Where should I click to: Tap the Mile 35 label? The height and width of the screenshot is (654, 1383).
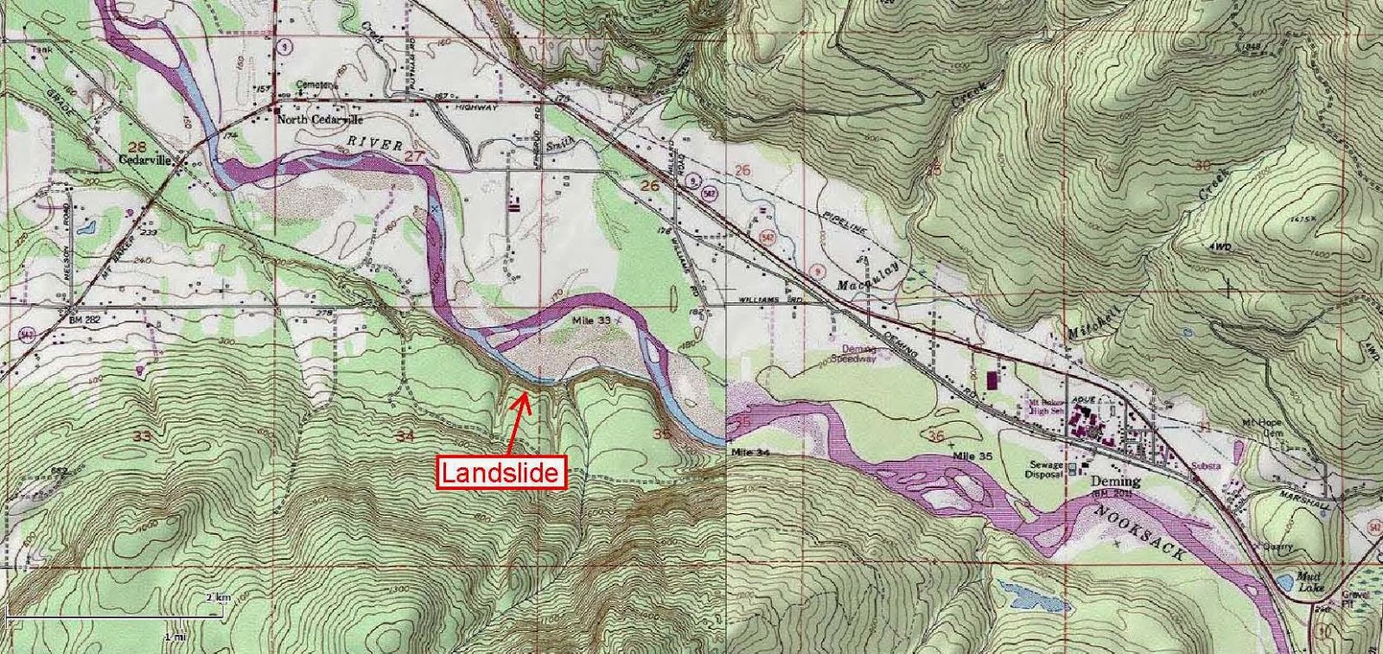tap(973, 454)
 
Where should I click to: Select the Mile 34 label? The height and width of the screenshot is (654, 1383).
tap(749, 452)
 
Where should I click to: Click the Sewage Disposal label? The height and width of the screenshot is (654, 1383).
tap(1042, 469)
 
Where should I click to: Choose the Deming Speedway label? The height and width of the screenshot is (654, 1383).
tap(855, 353)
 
